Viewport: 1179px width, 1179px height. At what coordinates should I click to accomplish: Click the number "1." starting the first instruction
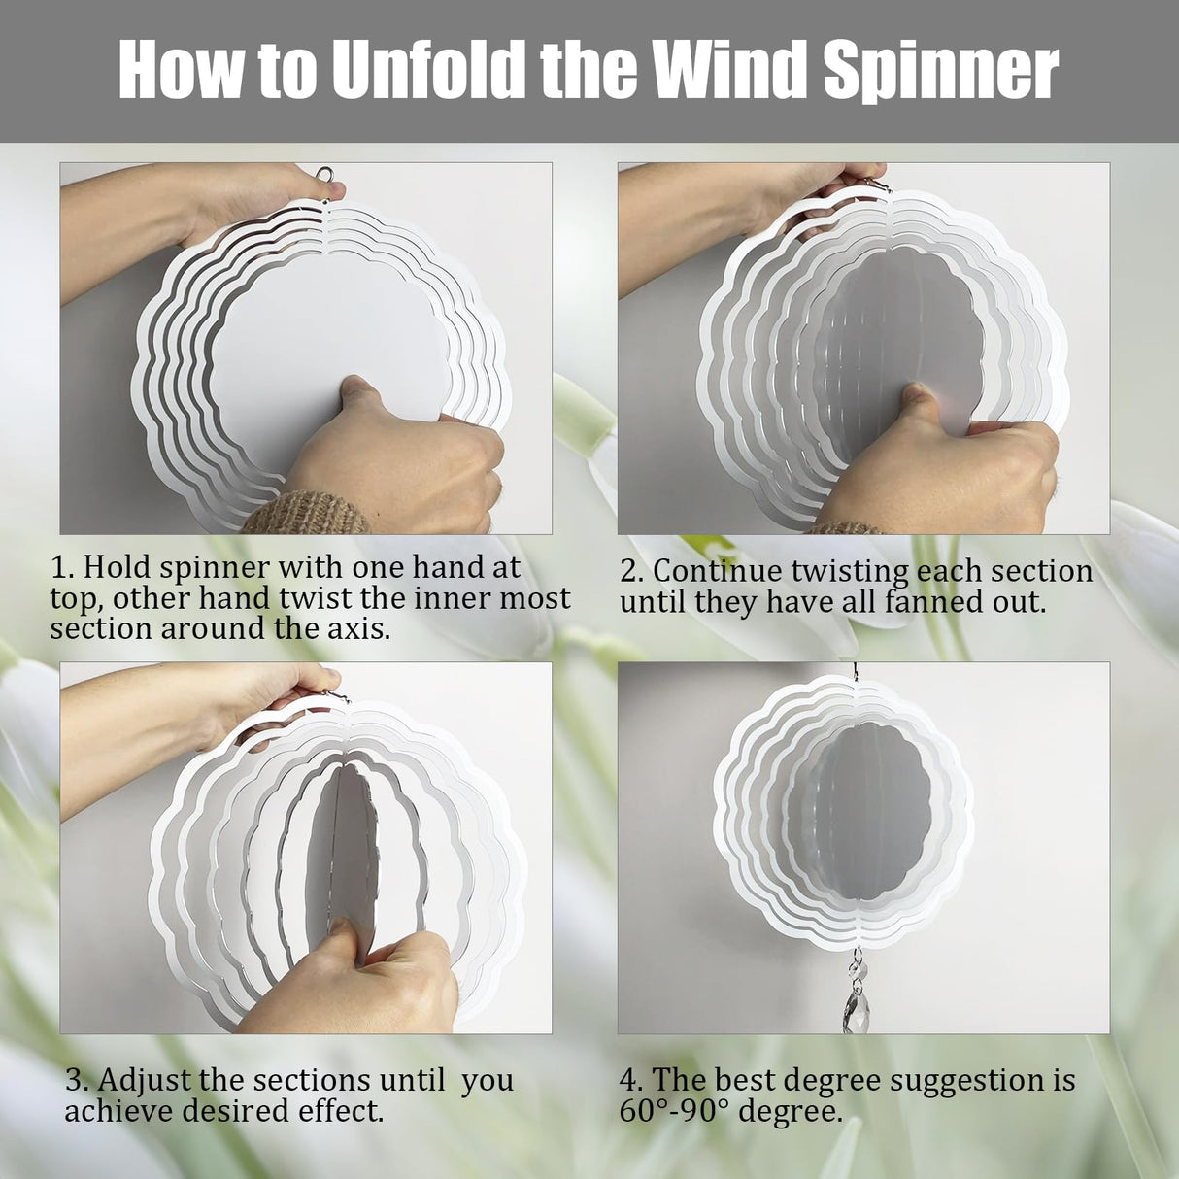tap(63, 567)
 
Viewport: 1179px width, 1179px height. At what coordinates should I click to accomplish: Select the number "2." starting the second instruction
tap(631, 571)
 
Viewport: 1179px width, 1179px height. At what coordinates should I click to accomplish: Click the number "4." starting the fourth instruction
tap(631, 1080)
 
